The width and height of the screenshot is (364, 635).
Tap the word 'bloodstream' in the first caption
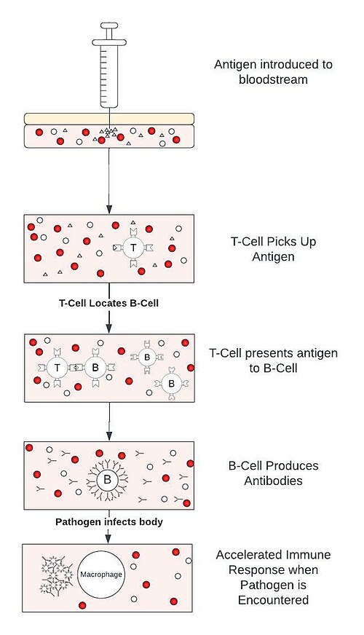[273, 79]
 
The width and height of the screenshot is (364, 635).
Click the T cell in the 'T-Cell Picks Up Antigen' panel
[133, 248]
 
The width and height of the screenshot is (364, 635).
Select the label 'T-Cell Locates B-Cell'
[108, 303]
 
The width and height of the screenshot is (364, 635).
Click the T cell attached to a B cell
[57, 368]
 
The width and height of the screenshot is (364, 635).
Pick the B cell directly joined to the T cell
[95, 368]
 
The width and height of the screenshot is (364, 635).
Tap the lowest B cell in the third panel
[171, 383]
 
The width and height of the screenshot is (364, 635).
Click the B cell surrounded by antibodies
[107, 480]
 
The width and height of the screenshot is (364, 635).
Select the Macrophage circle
[100, 575]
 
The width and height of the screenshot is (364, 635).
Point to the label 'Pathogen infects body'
[109, 521]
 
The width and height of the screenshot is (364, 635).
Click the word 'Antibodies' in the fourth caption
[273, 481]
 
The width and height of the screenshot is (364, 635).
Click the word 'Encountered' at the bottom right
[273, 600]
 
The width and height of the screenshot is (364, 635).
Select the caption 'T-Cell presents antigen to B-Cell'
[273, 360]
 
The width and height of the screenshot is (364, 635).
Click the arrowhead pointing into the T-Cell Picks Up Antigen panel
[109, 209]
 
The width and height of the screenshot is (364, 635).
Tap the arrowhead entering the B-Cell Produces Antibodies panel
[109, 436]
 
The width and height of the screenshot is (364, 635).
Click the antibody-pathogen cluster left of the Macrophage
[57, 575]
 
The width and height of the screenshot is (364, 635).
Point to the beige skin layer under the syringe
[109, 119]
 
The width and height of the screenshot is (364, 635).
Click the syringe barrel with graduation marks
[109, 76]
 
